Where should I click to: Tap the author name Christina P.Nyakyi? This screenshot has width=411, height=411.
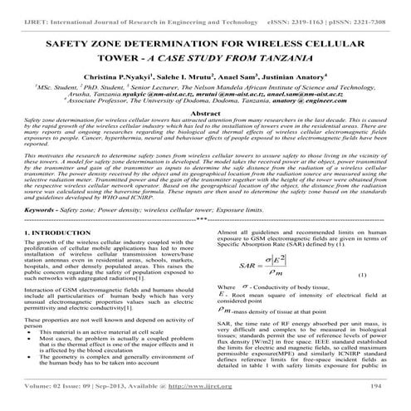tap(120, 76)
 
